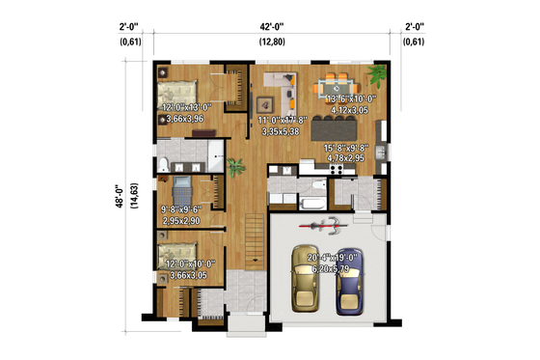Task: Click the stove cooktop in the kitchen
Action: pos(337,170)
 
